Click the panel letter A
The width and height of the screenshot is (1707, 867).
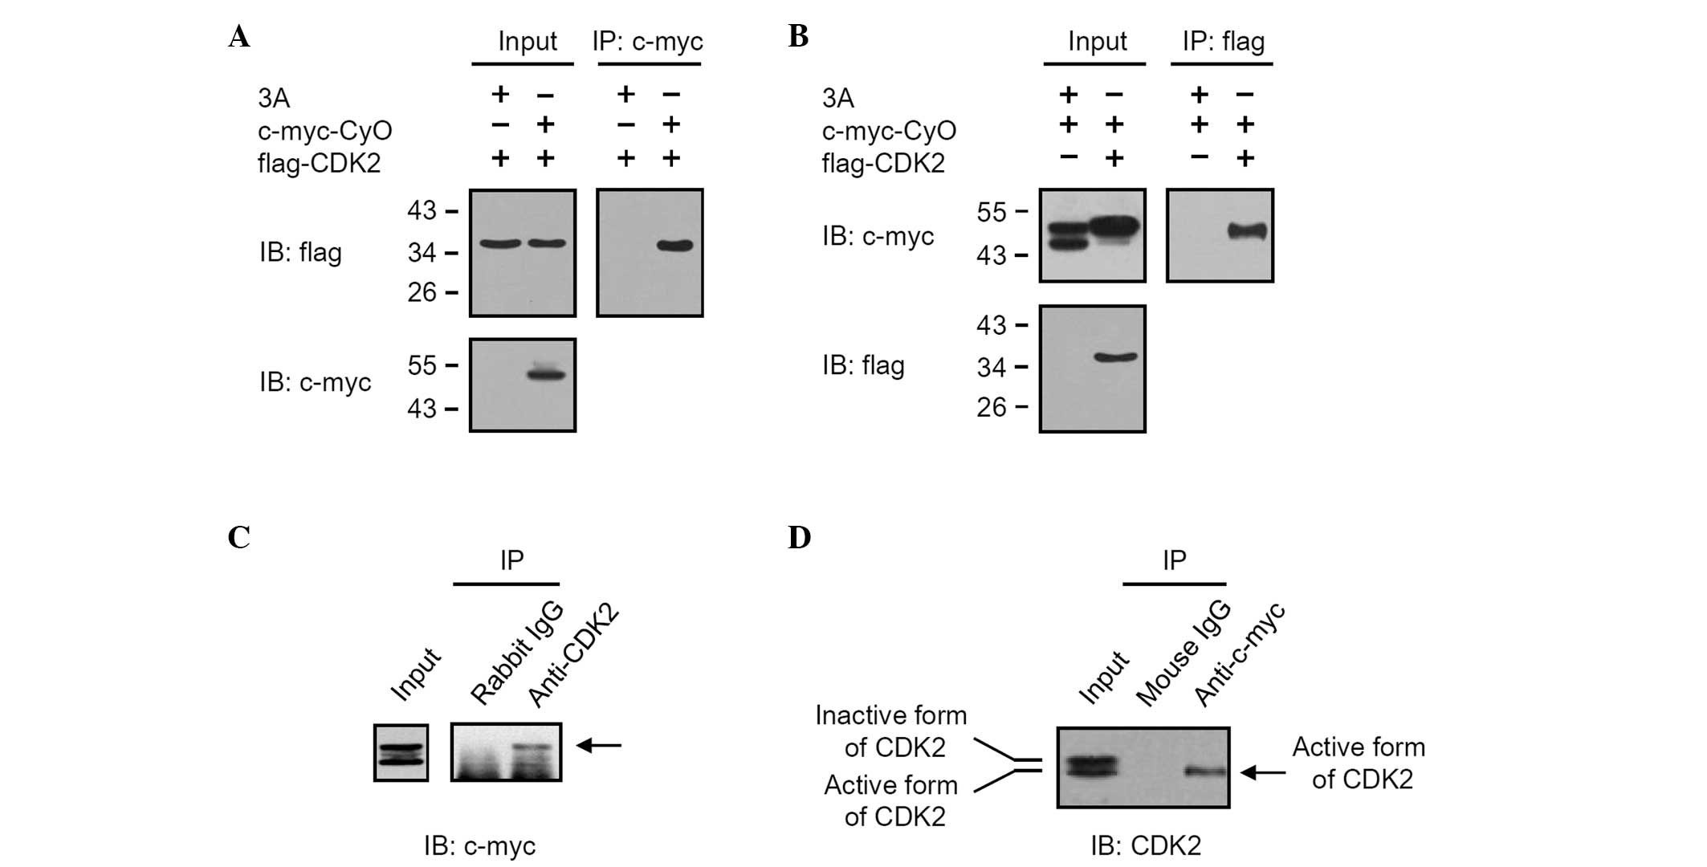point(238,37)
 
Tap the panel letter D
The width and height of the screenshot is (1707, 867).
point(799,537)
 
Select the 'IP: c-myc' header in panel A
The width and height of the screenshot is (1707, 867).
point(647,41)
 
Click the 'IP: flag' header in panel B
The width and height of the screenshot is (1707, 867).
point(1223,41)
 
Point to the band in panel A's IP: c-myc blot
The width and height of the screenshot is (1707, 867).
point(674,246)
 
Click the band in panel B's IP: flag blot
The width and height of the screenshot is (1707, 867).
point(1247,232)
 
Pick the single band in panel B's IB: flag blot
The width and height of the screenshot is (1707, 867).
point(1116,357)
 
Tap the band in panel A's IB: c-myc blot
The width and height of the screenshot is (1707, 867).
point(546,373)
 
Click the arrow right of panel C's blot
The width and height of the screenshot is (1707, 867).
point(599,746)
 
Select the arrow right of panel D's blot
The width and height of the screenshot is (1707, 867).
point(1263,772)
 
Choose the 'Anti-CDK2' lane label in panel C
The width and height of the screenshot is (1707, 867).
point(573,654)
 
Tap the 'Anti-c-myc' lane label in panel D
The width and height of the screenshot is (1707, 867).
point(1239,654)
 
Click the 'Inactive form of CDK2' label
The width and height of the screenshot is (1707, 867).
point(890,731)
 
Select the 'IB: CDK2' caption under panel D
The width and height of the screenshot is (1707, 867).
point(1145,845)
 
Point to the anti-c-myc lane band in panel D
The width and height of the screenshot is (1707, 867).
point(1208,772)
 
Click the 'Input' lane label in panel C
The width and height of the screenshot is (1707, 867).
point(415,674)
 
